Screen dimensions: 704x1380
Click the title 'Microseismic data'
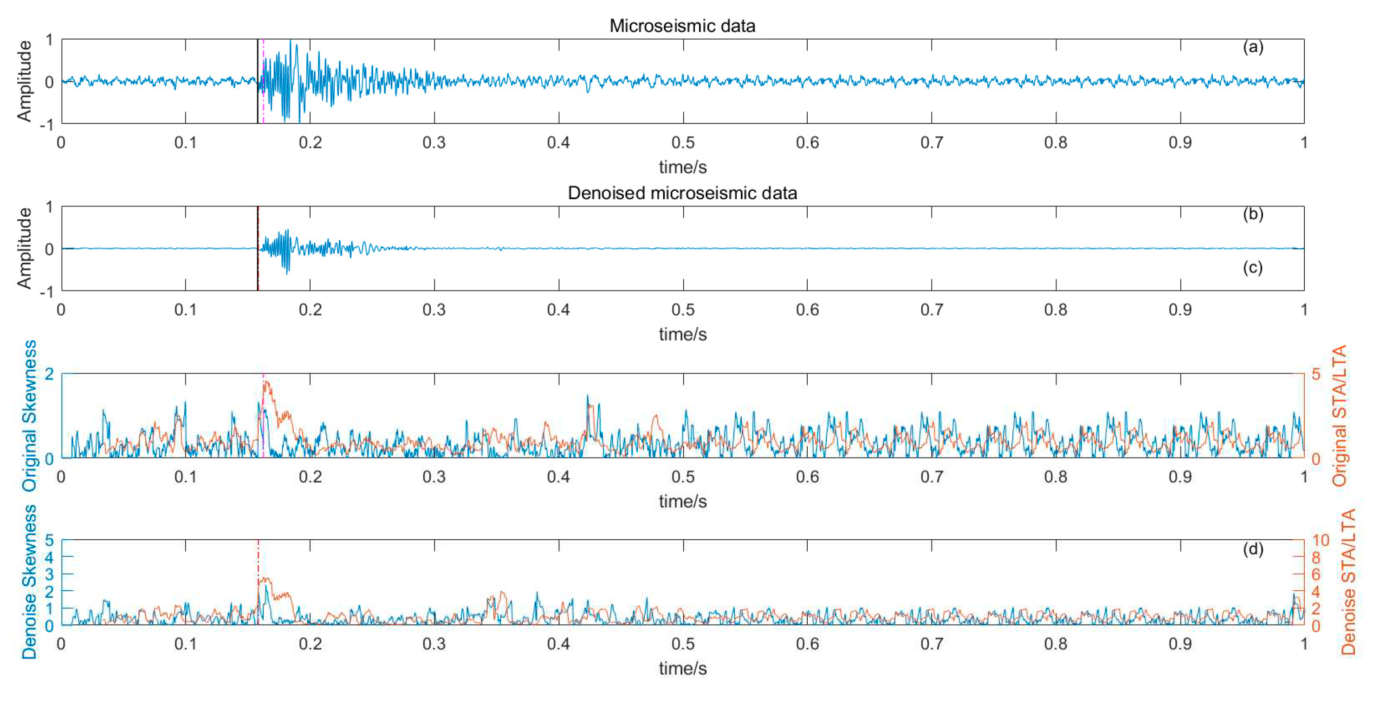[682, 26]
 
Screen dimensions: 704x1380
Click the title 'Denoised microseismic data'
[682, 193]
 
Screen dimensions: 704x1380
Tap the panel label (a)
[1252, 47]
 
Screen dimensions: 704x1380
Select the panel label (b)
[1252, 214]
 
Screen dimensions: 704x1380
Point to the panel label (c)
[1252, 267]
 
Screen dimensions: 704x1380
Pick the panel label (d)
[1252, 549]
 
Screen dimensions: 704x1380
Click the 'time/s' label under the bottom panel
[682, 668]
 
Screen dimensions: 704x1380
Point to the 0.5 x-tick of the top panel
[682, 143]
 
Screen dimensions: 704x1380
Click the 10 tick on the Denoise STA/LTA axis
[1320, 540]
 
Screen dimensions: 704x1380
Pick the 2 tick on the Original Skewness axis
[49, 374]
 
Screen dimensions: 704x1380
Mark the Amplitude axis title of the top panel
[24, 81]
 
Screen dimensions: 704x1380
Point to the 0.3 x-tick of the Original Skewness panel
[434, 477]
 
